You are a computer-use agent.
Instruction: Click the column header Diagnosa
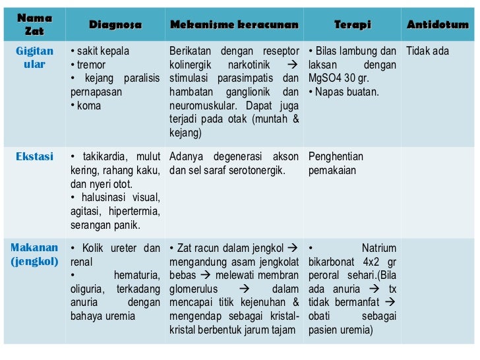point(115,25)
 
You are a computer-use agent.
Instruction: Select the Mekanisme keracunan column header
point(234,25)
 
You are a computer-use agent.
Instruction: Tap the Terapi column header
point(352,25)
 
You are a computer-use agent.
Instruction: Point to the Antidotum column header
point(438,25)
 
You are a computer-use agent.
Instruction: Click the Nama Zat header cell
point(34,24)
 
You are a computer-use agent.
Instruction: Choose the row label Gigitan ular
point(34,58)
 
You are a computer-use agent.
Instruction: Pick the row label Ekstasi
point(34,157)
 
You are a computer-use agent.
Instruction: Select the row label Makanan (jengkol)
point(34,255)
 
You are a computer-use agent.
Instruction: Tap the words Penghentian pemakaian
point(336,164)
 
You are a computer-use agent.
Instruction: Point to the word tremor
point(91,65)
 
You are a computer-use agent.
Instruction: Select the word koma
point(88,105)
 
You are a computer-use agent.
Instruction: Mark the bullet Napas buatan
point(347,92)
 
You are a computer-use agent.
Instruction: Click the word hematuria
point(136,275)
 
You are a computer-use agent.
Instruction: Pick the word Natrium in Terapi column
point(379,249)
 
